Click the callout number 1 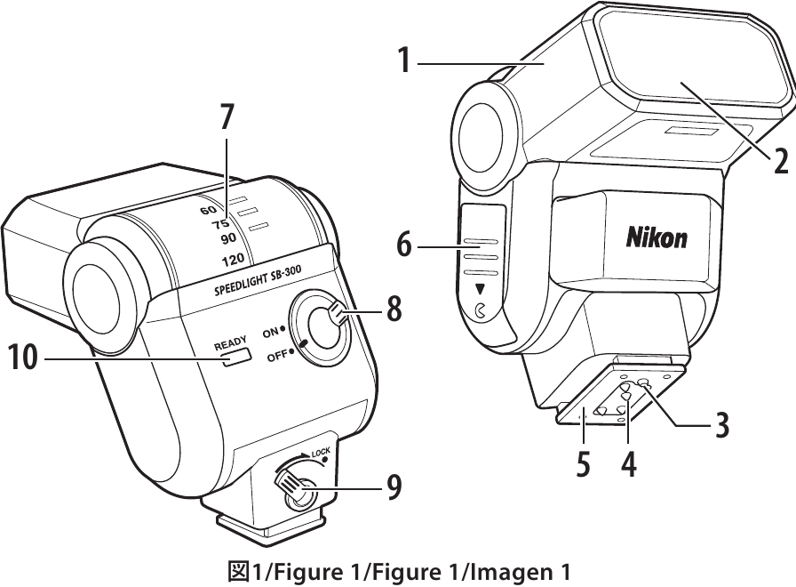403,61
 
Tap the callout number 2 780,161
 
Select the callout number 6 404,244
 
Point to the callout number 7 227,116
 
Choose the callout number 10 23,358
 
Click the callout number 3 722,425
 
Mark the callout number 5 583,465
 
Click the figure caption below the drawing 398,570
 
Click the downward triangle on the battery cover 481,289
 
